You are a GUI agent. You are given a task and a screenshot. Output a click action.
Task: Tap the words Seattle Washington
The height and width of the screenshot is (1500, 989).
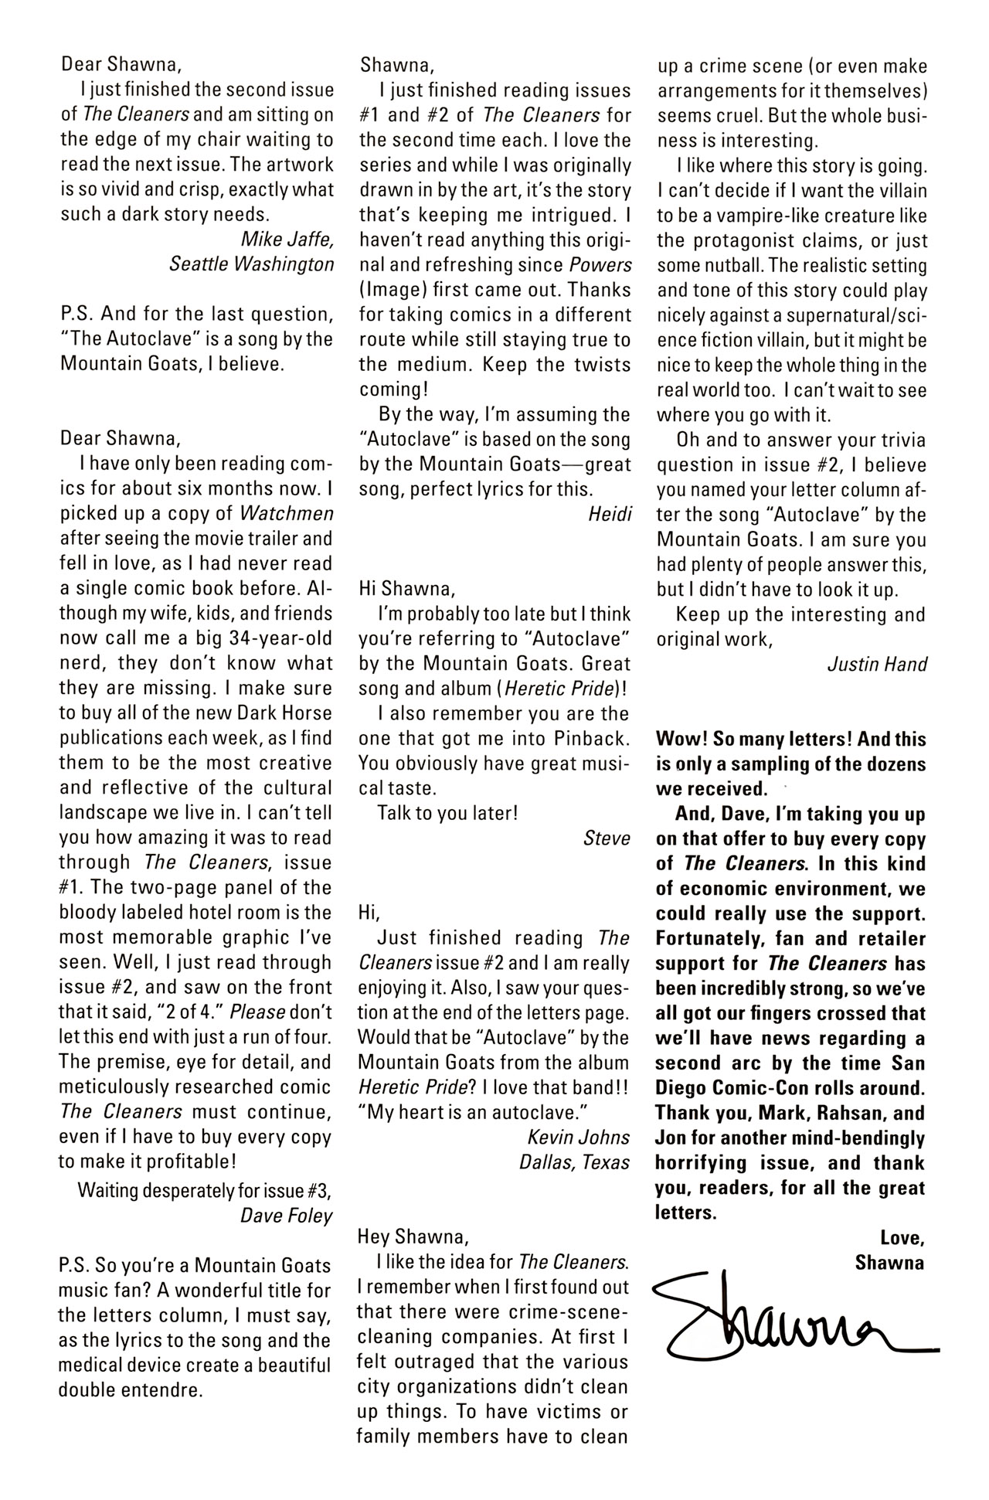(251, 264)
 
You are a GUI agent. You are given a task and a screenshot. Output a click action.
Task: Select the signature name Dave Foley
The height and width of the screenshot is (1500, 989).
(286, 1216)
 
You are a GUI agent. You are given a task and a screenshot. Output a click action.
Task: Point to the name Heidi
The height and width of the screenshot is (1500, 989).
(610, 515)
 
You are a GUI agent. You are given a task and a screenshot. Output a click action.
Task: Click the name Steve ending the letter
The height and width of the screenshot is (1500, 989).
(607, 838)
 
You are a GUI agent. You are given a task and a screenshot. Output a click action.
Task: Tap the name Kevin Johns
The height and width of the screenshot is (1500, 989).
(579, 1138)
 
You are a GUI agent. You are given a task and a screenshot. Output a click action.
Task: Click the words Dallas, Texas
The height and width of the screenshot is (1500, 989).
(574, 1162)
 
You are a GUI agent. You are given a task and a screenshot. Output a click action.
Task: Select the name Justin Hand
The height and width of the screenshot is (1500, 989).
(876, 665)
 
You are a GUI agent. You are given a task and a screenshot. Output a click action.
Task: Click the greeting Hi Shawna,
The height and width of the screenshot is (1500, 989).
(407, 589)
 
